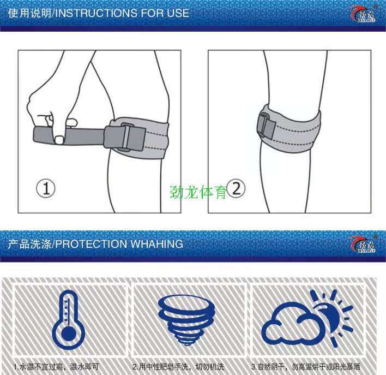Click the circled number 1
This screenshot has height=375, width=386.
[46, 189]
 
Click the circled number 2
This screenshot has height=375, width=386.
[236, 189]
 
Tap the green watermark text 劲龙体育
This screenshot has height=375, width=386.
[198, 192]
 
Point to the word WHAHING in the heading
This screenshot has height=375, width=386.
[156, 243]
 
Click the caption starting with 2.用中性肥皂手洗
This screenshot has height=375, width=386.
[179, 367]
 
